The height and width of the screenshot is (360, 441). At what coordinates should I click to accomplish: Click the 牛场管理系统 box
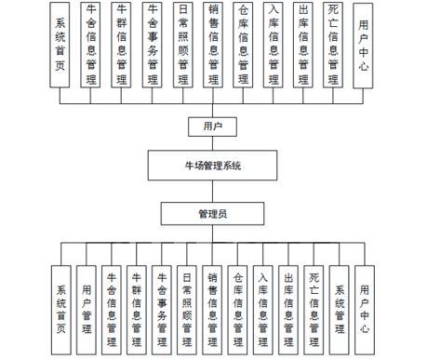(213, 167)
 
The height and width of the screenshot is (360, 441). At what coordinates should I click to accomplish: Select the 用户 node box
(212, 126)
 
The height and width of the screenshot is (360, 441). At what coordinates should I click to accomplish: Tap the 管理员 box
(213, 213)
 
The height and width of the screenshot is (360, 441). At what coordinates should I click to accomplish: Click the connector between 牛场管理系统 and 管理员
(213, 191)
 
